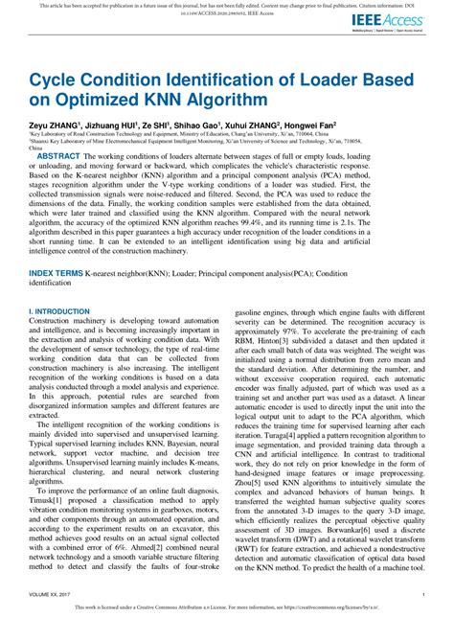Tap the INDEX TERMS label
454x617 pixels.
[55, 273]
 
